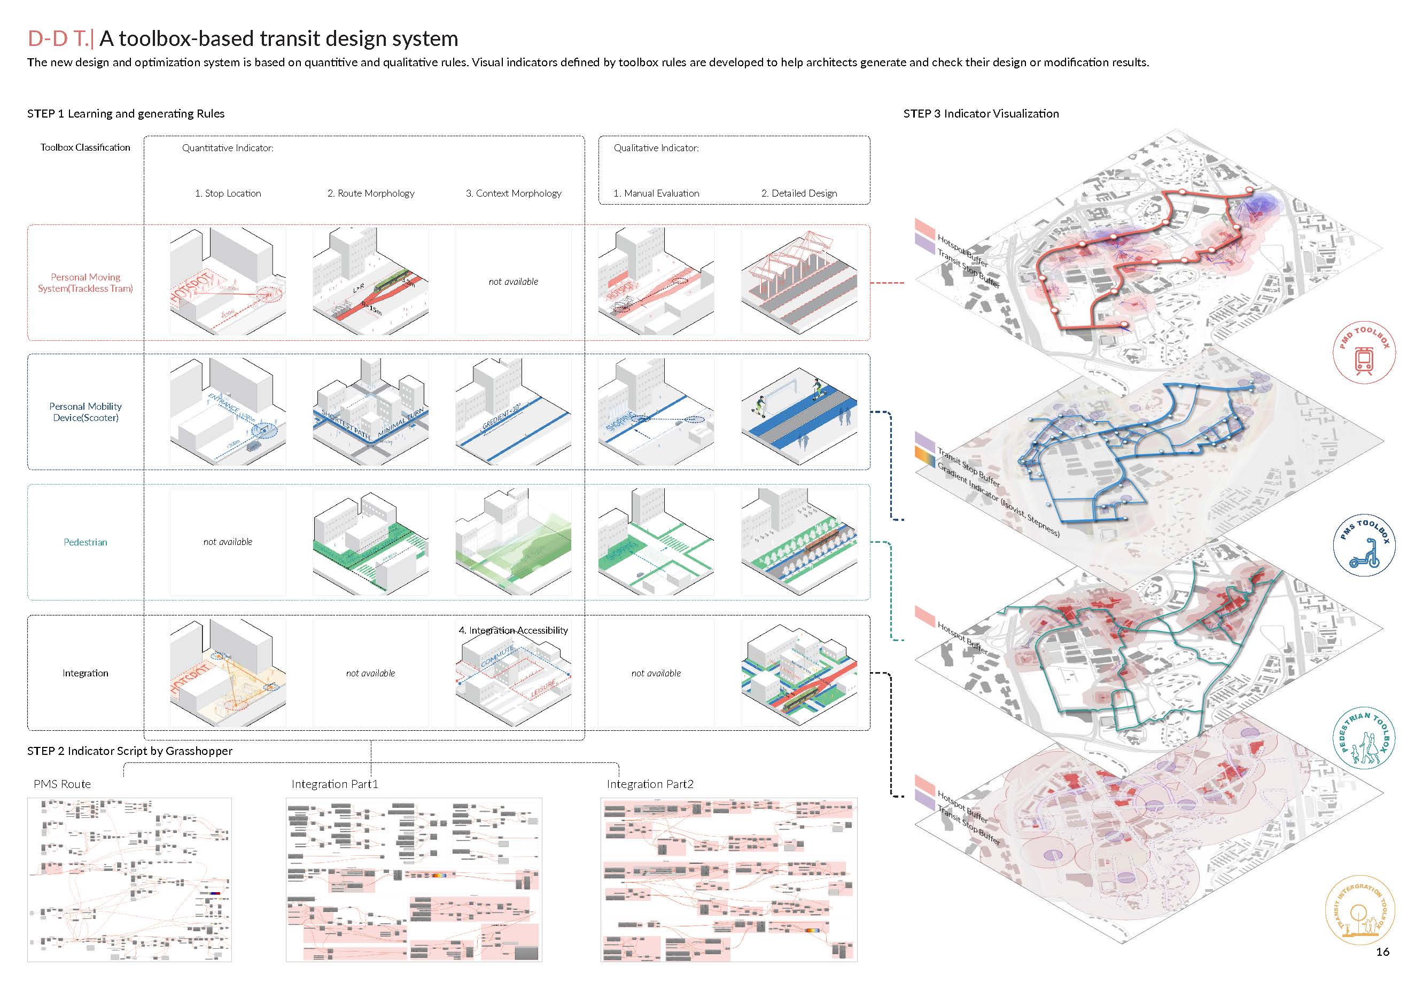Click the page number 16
1382,952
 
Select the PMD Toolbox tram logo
1364,353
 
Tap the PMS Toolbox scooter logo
1364,545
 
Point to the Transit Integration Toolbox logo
1359,914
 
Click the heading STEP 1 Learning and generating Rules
126,113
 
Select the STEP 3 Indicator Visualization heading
981,113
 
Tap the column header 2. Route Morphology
371,193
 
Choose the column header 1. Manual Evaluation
656,193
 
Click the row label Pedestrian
85,542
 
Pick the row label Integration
85,673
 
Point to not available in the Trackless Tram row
513,282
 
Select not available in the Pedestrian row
228,542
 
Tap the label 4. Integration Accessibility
513,630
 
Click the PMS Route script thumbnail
129,879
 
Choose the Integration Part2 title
650,784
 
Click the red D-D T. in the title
58,38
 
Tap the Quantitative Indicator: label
228,148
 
